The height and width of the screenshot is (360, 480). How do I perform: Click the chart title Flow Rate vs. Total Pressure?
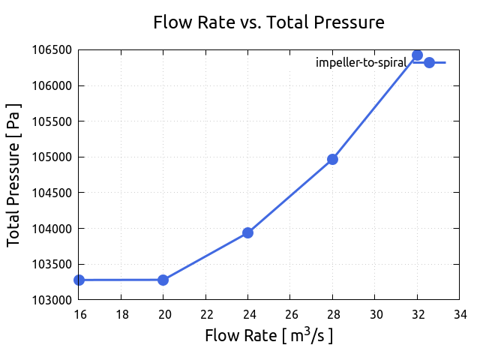(268, 22)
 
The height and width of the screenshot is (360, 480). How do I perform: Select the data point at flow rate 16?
(79, 280)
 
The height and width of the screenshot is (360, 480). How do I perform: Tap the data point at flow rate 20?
(163, 280)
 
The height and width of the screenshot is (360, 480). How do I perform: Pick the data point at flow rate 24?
(247, 232)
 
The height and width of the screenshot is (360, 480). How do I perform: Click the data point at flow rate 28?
(332, 159)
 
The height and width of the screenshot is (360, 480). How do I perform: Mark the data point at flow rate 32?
(417, 55)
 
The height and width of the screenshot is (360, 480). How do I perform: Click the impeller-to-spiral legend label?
(361, 62)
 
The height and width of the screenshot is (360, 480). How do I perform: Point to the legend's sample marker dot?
(429, 62)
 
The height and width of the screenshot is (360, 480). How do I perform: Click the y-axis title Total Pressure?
(13, 175)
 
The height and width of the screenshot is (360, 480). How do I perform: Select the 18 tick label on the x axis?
(121, 314)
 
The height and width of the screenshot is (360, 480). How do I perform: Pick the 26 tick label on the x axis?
(290, 314)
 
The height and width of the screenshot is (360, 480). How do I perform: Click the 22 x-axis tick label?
(205, 314)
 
